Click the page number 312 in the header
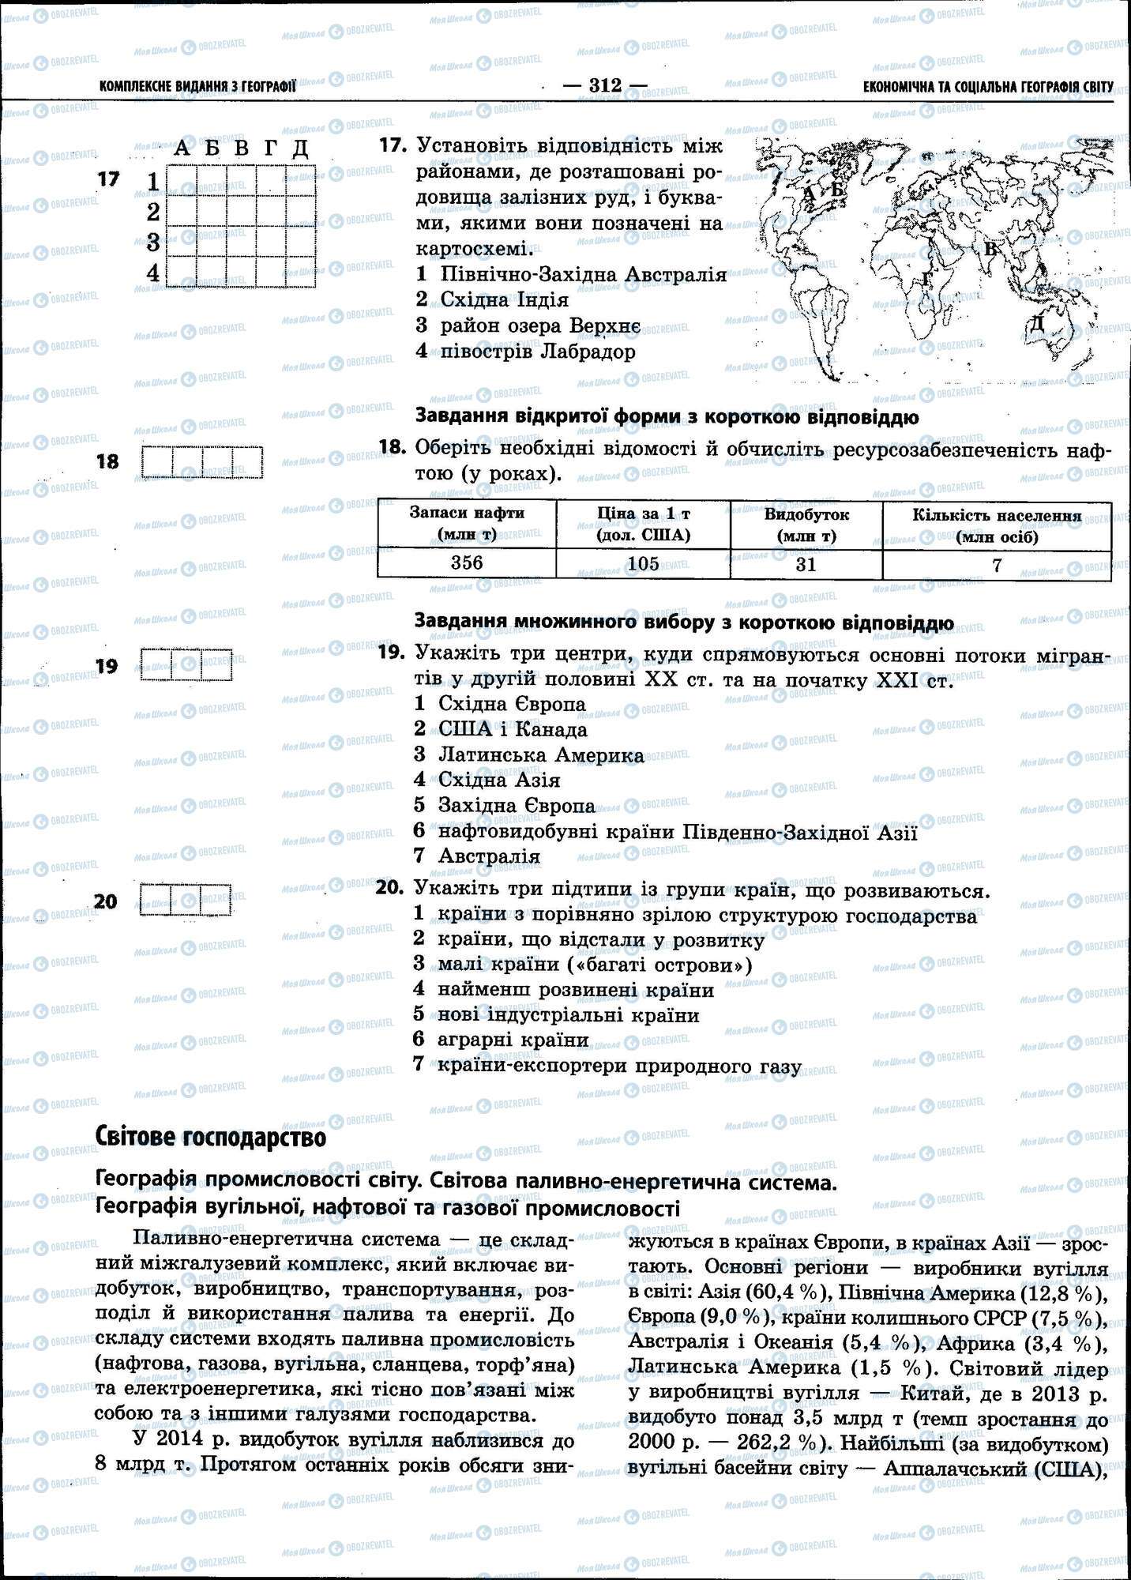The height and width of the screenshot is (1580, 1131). pyautogui.click(x=605, y=85)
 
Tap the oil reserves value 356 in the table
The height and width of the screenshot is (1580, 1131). pyautogui.click(x=466, y=562)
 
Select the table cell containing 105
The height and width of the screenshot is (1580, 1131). pyautogui.click(x=643, y=563)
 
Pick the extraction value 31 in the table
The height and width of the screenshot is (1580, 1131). pyautogui.click(x=806, y=564)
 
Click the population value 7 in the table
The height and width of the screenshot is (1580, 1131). pyautogui.click(x=997, y=565)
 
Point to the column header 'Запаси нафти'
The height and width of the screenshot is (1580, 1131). pyautogui.click(x=467, y=523)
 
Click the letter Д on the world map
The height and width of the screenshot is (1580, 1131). pyautogui.click(x=1036, y=322)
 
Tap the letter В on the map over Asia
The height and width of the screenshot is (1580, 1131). pyautogui.click(x=990, y=250)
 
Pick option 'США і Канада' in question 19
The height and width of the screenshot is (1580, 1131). pyautogui.click(x=513, y=729)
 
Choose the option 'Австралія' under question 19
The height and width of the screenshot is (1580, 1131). pyautogui.click(x=489, y=856)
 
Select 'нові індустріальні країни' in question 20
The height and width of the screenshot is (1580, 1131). pyautogui.click(x=568, y=1014)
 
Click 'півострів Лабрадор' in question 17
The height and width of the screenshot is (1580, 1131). pyautogui.click(x=537, y=351)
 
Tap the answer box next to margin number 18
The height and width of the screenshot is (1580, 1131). pyautogui.click(x=202, y=462)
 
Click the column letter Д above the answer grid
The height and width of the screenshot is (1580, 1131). pyautogui.click(x=299, y=148)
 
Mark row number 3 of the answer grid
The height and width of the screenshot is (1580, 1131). pyautogui.click(x=153, y=242)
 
